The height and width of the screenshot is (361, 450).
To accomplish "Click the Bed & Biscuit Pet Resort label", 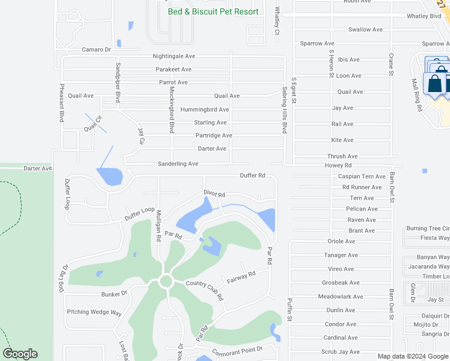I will pos(213,11).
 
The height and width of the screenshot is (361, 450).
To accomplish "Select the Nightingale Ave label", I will pos(173,56).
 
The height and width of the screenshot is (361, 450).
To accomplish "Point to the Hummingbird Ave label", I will pos(205,110).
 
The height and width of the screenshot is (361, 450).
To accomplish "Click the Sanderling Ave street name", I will pos(177,164).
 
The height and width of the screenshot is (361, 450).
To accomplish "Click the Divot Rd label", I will pos(214,195).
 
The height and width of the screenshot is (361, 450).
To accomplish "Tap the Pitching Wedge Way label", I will pos(94,312).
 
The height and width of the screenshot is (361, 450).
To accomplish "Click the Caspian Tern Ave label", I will pos(362,176).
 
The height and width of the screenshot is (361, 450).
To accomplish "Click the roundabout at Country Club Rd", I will pos(166,281).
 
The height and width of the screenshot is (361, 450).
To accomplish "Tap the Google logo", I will pos(20,354).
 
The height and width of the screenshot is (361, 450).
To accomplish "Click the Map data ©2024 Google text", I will pos(413,356).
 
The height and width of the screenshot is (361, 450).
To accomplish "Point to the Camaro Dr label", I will pos(96,49).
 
